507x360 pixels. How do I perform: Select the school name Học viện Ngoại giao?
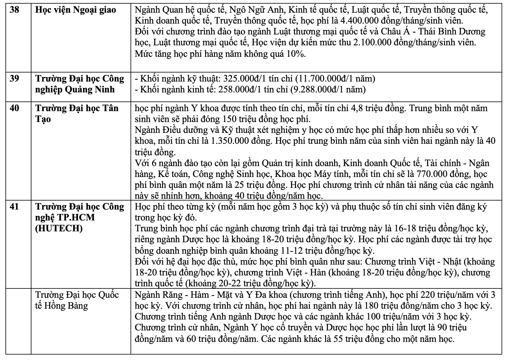(x=76, y=10)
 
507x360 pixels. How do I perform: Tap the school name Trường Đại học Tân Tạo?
(x=77, y=114)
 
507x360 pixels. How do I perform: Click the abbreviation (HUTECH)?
(x=59, y=229)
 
